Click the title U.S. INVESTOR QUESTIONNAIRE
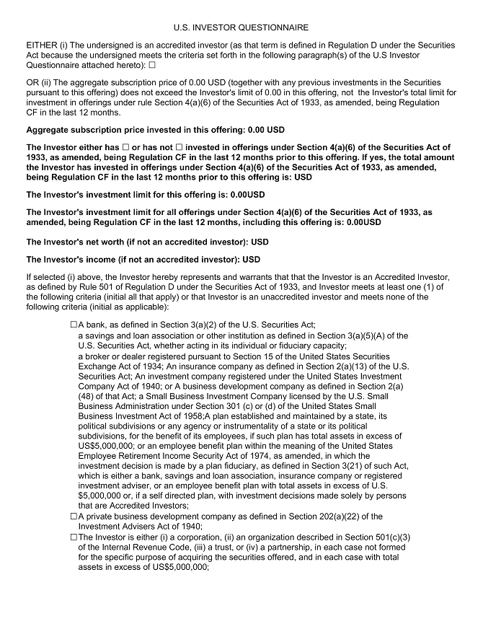[241, 27]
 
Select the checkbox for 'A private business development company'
[74, 517]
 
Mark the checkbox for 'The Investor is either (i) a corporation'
[74, 537]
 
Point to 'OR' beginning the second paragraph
[33, 84]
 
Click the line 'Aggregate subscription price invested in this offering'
[155, 131]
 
